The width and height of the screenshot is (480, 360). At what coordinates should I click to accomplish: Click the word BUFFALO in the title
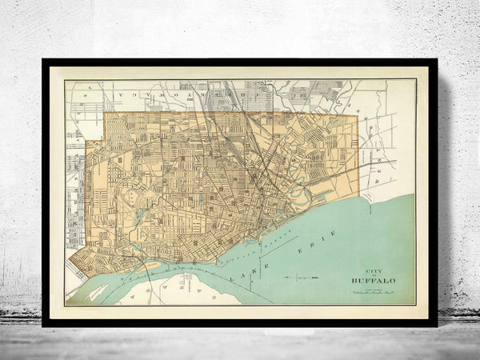(x=374, y=281)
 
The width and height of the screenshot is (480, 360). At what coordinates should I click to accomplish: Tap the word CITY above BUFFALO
(x=374, y=270)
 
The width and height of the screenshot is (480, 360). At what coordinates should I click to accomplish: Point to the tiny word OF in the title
(x=374, y=275)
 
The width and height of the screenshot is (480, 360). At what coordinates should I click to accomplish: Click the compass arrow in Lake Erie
(x=301, y=277)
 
